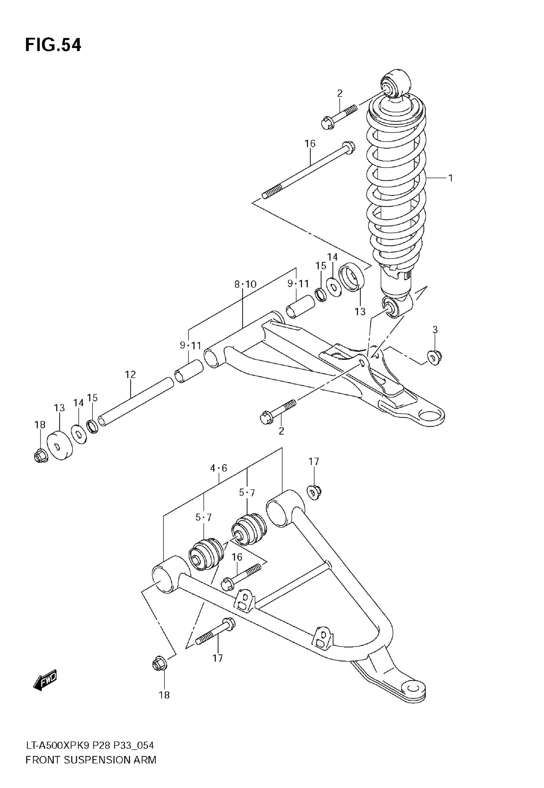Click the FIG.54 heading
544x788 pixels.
coord(53,45)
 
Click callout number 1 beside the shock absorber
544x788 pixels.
coord(450,178)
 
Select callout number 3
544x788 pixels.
coord(435,330)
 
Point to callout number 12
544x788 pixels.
coord(130,374)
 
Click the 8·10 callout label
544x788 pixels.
coord(245,284)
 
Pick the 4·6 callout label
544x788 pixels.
coord(219,468)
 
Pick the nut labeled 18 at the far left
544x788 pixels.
coord(41,456)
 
